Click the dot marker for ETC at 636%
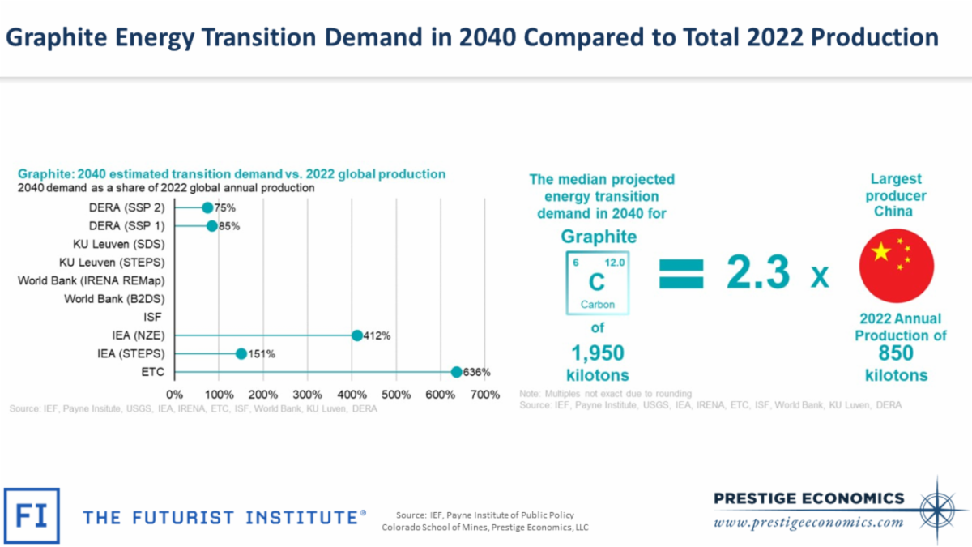457,372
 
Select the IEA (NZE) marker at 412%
357,335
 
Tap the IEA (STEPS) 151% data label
262,353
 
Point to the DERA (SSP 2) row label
126,207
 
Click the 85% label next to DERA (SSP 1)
228,226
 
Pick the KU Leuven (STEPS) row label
112,263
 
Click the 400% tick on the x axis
352,395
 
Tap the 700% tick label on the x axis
484,395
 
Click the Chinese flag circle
897,266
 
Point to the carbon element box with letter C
597,283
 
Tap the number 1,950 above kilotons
597,353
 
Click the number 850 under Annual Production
896,353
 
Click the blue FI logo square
32,515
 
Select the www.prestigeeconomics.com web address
808,522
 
